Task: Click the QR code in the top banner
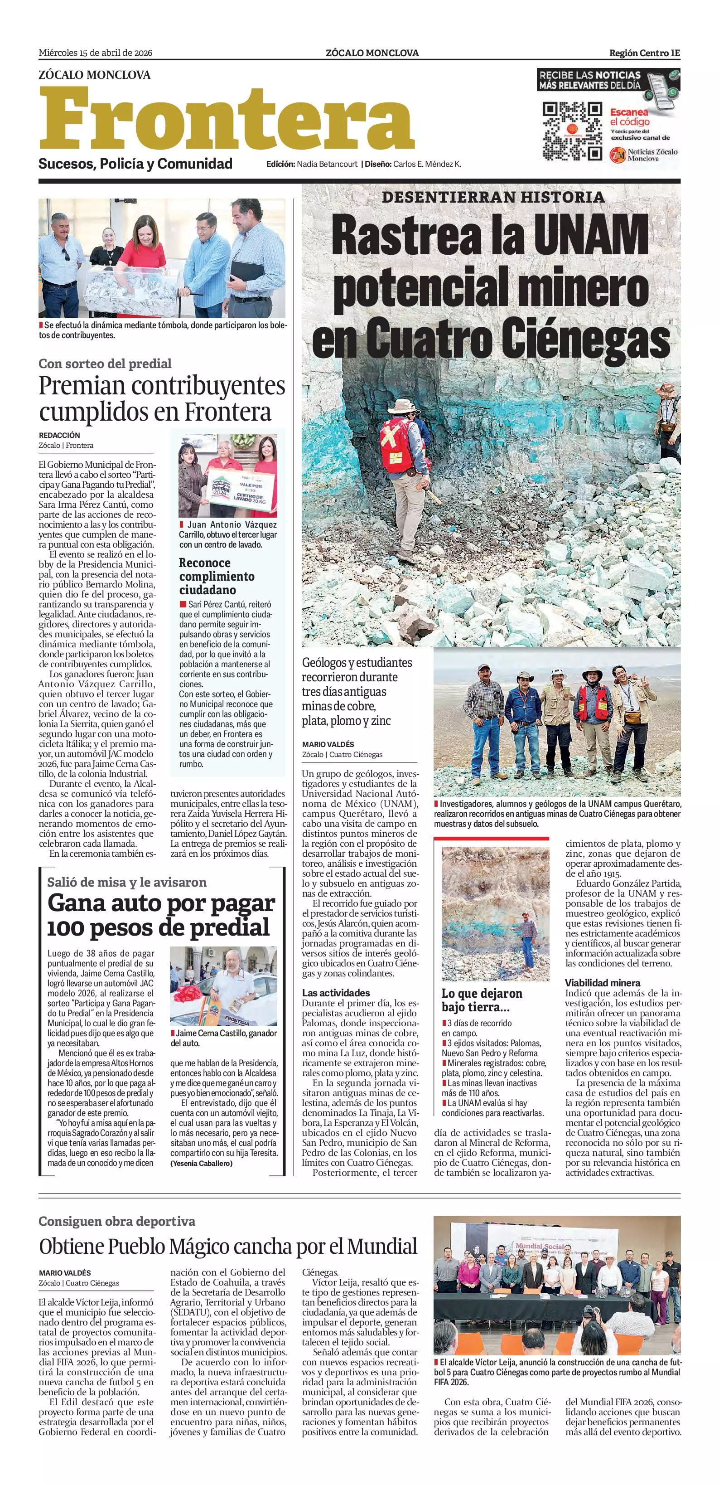(x=573, y=131)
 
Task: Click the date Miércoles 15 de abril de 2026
(x=95, y=53)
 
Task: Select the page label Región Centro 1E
(x=644, y=53)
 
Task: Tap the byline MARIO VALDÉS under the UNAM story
(x=328, y=744)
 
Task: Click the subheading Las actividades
(x=336, y=993)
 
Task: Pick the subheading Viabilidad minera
(x=602, y=982)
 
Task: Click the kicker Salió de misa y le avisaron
(x=127, y=882)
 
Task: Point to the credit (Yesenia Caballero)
(x=201, y=1163)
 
